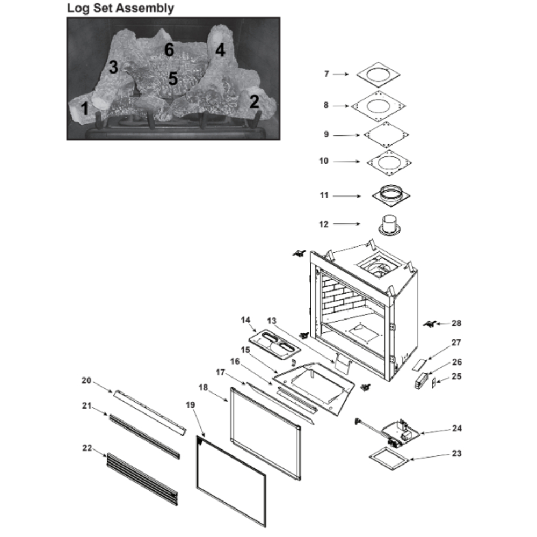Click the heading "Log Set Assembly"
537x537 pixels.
click(120, 8)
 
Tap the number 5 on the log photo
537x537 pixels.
click(172, 79)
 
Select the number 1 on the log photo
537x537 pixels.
click(84, 109)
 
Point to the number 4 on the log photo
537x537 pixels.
click(220, 50)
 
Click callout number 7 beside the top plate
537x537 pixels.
click(326, 74)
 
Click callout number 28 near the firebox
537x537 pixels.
click(456, 323)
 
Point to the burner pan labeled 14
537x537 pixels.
click(272, 346)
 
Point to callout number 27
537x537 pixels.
click(456, 342)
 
